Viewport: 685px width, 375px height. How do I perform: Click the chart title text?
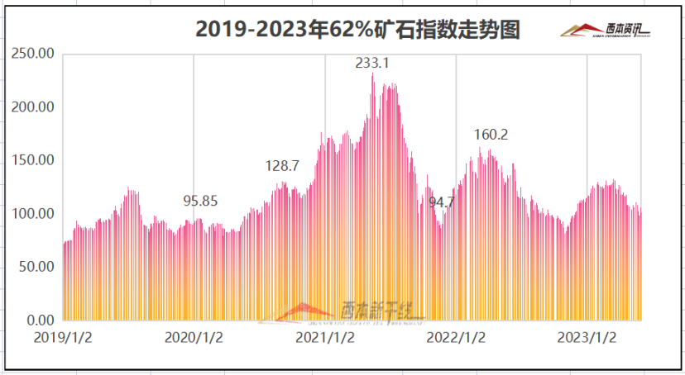pyautogui.click(x=357, y=30)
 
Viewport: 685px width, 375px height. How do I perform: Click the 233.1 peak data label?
pyautogui.click(x=371, y=62)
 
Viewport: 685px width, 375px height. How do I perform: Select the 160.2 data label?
pyautogui.click(x=491, y=135)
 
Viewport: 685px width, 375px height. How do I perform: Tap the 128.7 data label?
pyautogui.click(x=281, y=166)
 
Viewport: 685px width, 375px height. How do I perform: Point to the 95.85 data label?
pyautogui.click(x=200, y=201)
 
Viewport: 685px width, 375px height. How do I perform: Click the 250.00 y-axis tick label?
pyautogui.click(x=35, y=54)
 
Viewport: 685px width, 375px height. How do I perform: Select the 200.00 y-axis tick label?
pyautogui.click(x=35, y=107)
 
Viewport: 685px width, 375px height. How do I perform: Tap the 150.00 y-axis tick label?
pyautogui.click(x=35, y=160)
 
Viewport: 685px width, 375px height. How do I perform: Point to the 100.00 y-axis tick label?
pyautogui.click(x=35, y=214)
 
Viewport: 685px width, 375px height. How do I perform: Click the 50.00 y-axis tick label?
pyautogui.click(x=37, y=267)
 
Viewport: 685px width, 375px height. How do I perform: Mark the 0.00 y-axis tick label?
pyautogui.click(x=41, y=320)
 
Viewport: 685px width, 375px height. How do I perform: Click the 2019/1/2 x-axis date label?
pyautogui.click(x=63, y=338)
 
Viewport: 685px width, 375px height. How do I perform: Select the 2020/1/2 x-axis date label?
pyautogui.click(x=194, y=338)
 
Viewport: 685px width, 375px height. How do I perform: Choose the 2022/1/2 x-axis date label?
pyautogui.click(x=456, y=338)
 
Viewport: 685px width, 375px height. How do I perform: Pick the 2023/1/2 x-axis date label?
pyautogui.click(x=587, y=338)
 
